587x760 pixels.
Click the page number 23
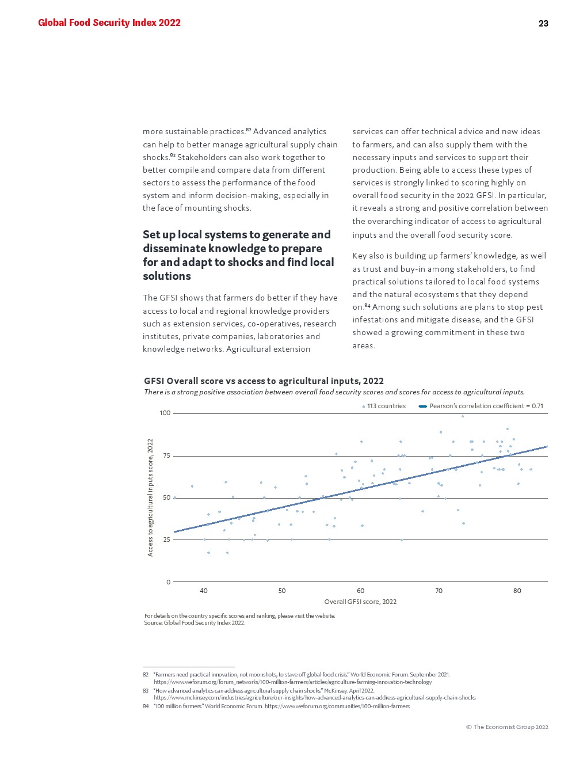(543, 24)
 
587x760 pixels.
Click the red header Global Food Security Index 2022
(109, 23)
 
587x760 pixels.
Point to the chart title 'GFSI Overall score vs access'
(264, 381)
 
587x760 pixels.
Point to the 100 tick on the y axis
(165, 413)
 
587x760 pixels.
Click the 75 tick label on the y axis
(167, 456)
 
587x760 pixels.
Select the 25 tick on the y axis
(167, 540)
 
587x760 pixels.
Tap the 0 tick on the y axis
(169, 582)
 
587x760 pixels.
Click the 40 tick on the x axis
(204, 591)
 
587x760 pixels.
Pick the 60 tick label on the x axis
(360, 591)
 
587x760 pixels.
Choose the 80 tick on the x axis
(517, 591)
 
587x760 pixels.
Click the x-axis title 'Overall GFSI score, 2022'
(360, 602)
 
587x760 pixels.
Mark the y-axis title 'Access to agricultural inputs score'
(151, 497)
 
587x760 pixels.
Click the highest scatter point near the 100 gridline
(462, 416)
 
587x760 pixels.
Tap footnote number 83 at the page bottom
(146, 690)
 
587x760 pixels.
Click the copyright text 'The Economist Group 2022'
(507, 727)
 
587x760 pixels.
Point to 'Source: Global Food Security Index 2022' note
(195, 623)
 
